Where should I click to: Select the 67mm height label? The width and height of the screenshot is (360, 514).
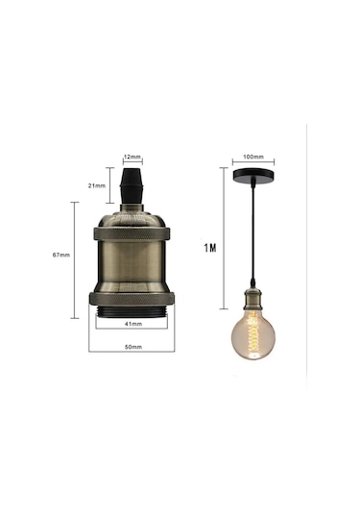coord(61,256)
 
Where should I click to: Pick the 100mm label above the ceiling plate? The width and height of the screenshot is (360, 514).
coord(254,154)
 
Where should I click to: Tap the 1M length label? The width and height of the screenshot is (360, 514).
coord(210,248)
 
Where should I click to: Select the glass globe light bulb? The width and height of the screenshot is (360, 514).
coord(254,331)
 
